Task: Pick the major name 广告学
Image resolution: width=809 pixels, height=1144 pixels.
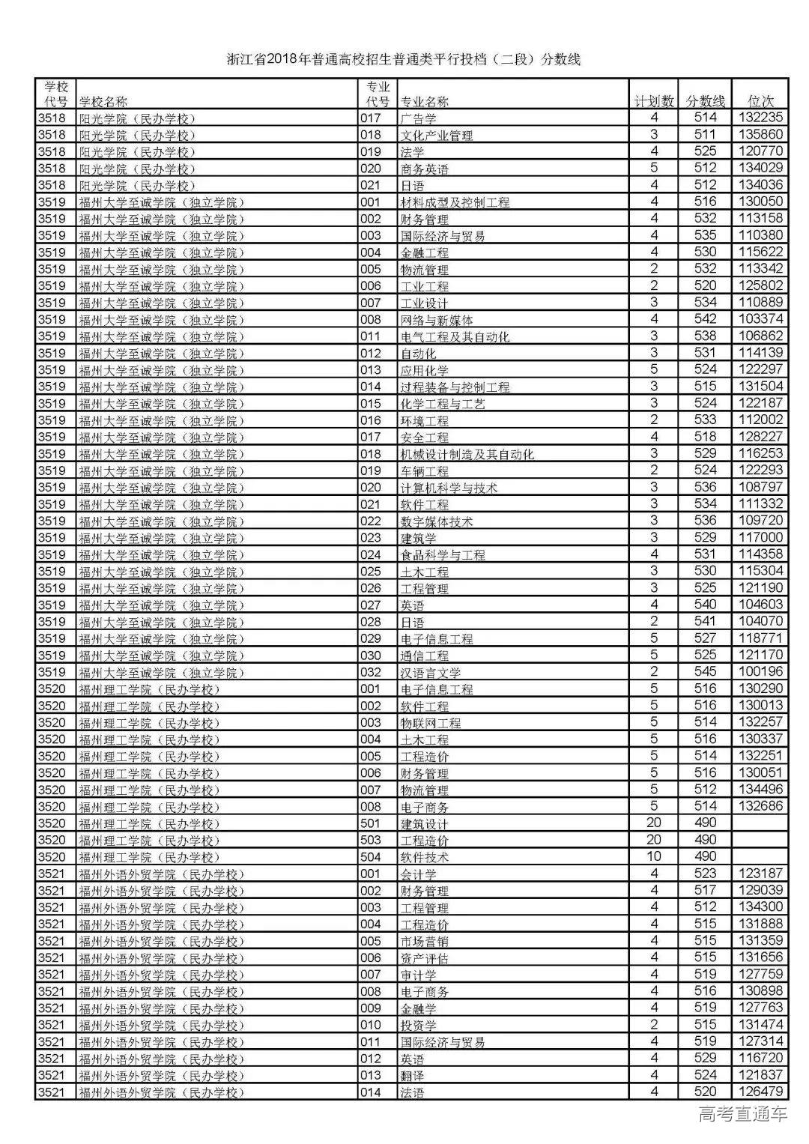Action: (419, 118)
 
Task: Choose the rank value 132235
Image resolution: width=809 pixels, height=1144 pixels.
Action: (761, 118)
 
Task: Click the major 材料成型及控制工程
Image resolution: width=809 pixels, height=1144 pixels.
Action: (455, 202)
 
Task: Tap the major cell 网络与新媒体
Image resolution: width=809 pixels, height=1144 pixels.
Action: (437, 320)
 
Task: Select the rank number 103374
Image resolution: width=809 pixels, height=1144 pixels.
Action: (761, 319)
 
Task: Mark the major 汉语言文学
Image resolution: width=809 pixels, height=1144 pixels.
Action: (431, 673)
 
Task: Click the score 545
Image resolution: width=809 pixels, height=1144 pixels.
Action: (706, 672)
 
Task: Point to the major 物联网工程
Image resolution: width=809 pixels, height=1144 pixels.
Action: (431, 723)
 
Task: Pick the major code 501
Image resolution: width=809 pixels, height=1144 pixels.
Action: (371, 823)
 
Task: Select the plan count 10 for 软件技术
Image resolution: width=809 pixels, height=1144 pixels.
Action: (654, 856)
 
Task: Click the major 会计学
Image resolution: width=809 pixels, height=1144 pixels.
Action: (419, 874)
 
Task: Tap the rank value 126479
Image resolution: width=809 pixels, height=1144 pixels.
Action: (761, 1092)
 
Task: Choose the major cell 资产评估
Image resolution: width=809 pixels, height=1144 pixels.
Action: (425, 958)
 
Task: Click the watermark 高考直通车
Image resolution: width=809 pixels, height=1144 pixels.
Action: (742, 1115)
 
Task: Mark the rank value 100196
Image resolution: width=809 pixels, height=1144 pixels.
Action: (761, 672)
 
